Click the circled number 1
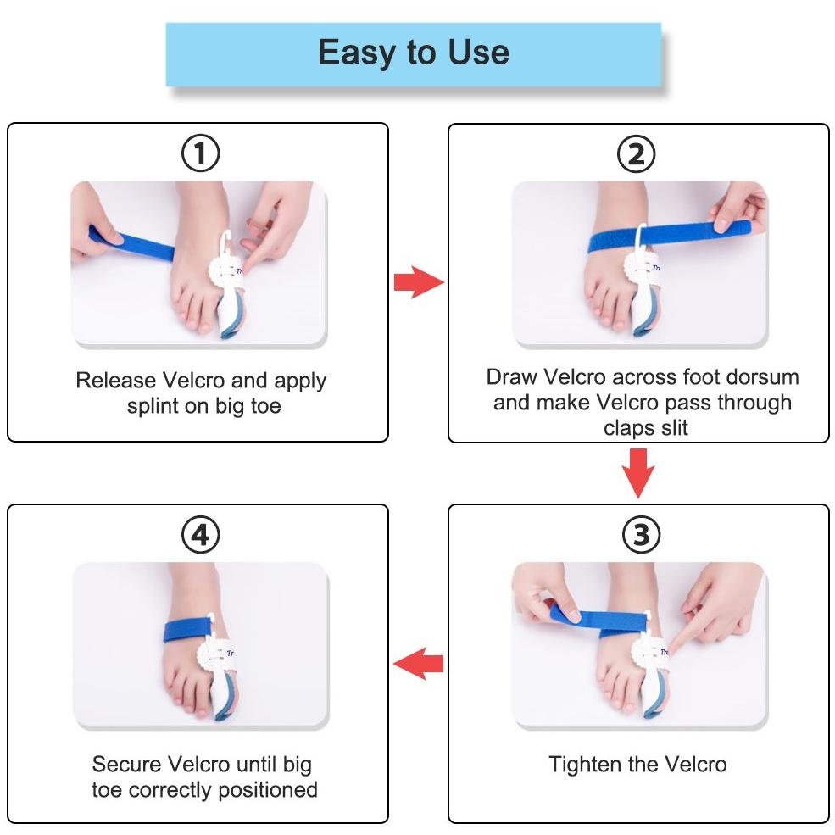[200, 153]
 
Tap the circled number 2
[637, 154]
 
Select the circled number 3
[641, 535]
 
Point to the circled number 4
[200, 535]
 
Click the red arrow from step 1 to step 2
[419, 282]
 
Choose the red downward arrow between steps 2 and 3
[638, 473]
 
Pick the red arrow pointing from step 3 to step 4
[418, 664]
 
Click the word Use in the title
[478, 53]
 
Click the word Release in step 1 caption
[115, 381]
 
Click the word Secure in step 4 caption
[130, 764]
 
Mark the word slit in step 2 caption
[675, 427]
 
